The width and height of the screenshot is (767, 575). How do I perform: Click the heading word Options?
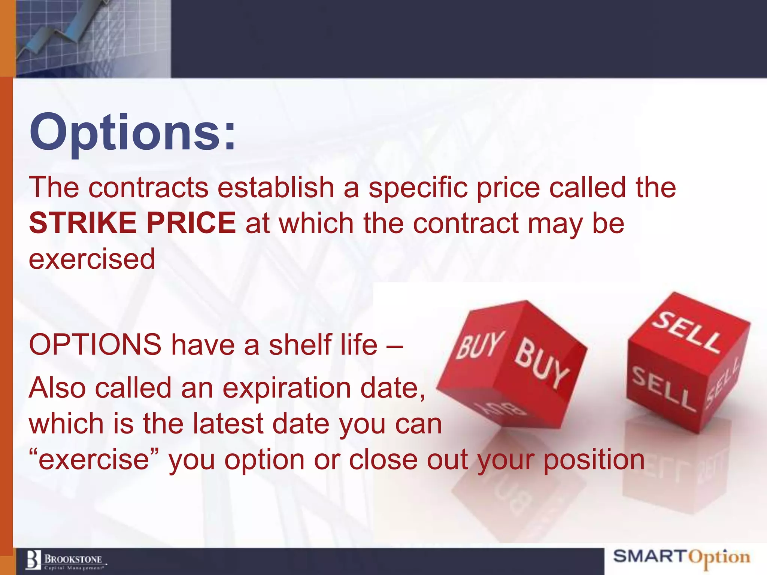pos(133,133)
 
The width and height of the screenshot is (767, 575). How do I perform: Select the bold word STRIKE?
pos(82,223)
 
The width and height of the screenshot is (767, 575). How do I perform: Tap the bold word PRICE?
pos(191,223)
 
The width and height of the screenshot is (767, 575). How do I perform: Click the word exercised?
pos(92,259)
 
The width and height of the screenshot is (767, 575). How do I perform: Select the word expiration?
pos(287,388)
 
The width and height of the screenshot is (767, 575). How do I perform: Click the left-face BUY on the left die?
pos(479,344)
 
